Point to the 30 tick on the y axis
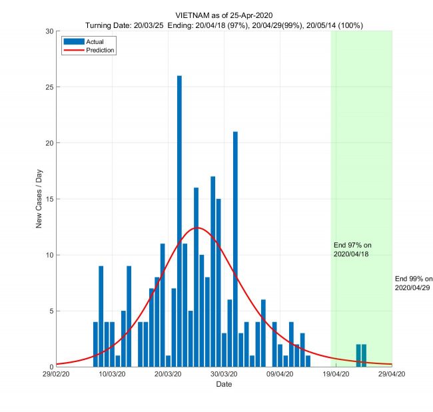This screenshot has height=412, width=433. tap(49, 31)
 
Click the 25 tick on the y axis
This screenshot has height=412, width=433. tap(49, 87)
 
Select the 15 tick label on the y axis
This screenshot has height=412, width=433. tap(49, 199)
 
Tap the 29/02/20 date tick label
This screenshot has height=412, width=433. tap(57, 375)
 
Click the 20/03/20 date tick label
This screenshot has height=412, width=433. tap(169, 375)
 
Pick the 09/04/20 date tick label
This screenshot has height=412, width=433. tap(280, 375)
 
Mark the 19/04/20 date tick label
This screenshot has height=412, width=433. tap(336, 375)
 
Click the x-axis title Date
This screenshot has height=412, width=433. tap(224, 385)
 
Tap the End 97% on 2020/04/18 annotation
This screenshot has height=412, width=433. tap(352, 250)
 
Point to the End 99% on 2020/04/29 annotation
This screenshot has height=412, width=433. tap(413, 283)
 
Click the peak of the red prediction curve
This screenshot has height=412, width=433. tap(197, 228)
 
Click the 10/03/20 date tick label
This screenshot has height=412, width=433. tap(113, 375)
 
